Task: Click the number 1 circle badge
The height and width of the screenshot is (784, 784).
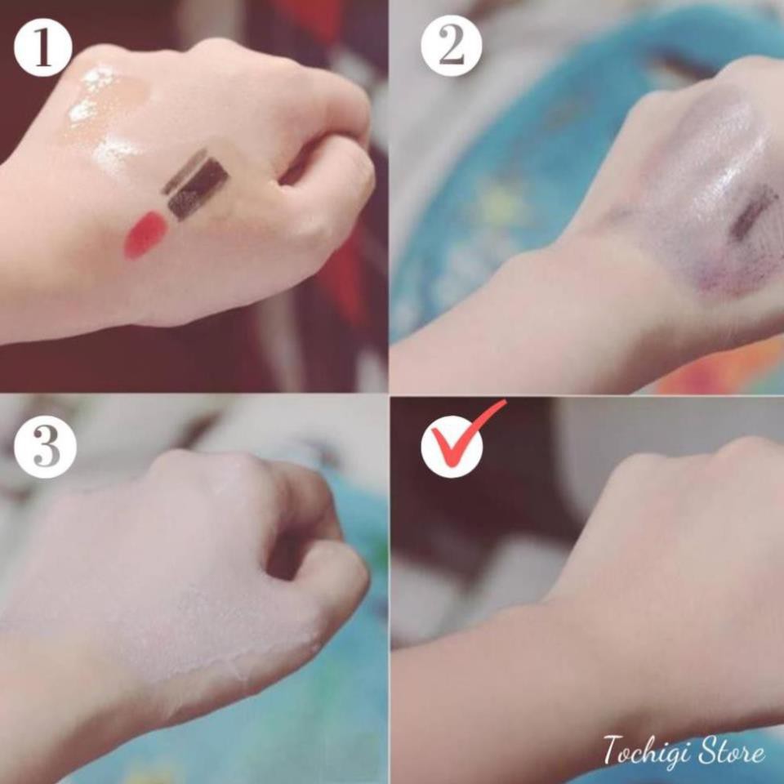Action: [x=42, y=47]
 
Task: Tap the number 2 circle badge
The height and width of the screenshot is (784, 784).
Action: [x=450, y=47]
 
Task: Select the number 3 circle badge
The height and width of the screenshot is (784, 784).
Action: [x=45, y=448]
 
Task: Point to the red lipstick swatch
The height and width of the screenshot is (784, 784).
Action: [x=145, y=234]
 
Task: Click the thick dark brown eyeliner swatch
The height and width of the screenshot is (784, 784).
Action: [x=198, y=189]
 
